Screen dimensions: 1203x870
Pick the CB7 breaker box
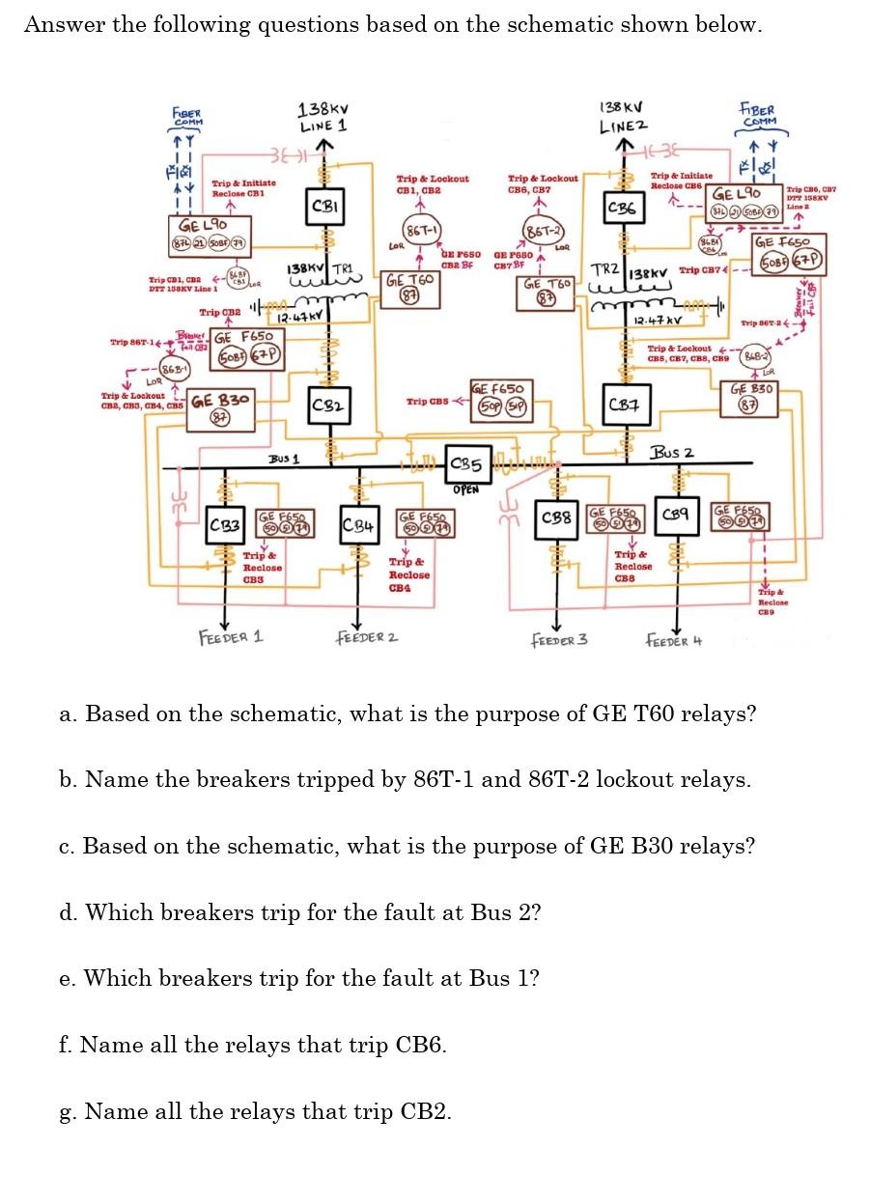pos(623,403)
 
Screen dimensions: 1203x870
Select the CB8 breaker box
pos(556,519)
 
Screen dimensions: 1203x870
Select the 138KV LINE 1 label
pos(323,117)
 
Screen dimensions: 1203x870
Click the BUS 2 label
pos(672,452)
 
